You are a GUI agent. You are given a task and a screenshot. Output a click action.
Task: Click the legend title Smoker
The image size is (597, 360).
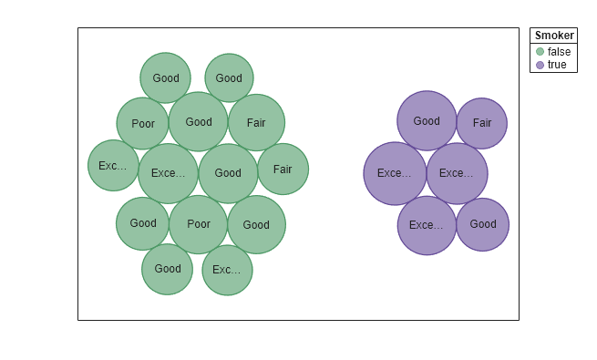pos(554,36)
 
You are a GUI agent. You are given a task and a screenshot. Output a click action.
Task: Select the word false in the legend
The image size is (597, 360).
pos(559,52)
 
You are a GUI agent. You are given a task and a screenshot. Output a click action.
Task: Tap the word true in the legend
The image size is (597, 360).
pos(557,65)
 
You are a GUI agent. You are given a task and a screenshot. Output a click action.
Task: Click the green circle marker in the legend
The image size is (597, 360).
pos(540,52)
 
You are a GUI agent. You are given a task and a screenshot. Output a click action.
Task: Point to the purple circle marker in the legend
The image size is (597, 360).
pos(540,65)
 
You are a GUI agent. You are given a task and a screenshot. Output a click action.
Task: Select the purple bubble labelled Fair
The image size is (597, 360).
pos(481,123)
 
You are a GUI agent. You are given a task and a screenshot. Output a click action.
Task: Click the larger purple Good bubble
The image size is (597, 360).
pos(427,121)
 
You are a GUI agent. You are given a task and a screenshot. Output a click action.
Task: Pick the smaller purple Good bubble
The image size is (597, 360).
pos(482,224)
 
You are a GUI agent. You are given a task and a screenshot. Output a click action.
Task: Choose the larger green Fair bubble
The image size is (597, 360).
pos(256,122)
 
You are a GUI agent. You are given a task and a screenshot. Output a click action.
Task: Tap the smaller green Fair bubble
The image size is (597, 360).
pos(283,169)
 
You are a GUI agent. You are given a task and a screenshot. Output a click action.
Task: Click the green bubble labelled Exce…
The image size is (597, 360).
pos(168,173)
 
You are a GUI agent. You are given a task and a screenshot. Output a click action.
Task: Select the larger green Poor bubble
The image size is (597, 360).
pos(198,224)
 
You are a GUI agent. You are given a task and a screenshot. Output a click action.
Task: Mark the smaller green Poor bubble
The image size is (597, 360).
pos(143,124)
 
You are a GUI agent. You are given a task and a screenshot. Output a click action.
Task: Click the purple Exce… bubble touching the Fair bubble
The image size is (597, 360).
pos(457,173)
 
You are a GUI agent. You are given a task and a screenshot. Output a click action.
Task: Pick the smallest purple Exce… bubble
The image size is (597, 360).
pos(427,225)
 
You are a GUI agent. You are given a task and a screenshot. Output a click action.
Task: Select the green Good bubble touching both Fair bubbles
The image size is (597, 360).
pos(228,173)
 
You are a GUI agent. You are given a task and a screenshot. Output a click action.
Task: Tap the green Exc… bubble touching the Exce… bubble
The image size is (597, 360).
pos(113,166)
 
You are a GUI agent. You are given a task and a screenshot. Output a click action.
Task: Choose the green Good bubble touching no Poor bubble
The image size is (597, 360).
pos(229,78)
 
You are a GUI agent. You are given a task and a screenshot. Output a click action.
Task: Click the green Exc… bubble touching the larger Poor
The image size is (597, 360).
pos(227,270)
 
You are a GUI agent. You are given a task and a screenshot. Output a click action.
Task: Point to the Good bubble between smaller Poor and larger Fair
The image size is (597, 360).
pos(198,122)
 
